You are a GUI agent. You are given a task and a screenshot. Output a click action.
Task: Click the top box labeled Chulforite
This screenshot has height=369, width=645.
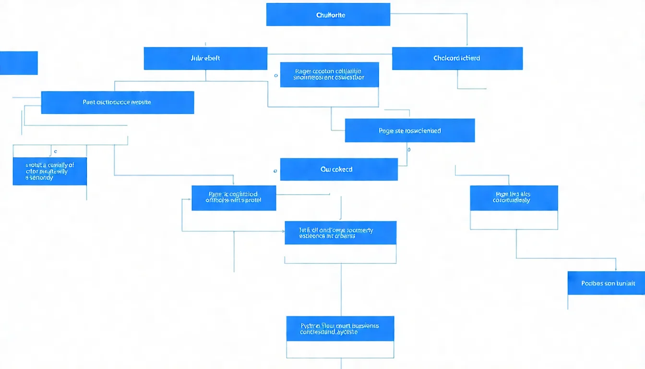(x=328, y=14)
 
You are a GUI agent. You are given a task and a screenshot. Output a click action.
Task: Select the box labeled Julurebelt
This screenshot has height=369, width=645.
(x=205, y=58)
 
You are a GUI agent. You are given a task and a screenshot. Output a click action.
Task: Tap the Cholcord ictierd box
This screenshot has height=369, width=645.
(x=457, y=58)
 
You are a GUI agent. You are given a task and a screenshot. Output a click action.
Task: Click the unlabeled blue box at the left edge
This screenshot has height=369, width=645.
(x=18, y=63)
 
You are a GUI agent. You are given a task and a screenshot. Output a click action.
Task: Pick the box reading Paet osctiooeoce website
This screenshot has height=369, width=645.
(x=118, y=102)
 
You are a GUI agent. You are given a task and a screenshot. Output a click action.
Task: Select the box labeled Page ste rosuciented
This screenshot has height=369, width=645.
(x=410, y=130)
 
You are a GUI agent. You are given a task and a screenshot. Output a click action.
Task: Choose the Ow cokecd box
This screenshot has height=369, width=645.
(x=339, y=169)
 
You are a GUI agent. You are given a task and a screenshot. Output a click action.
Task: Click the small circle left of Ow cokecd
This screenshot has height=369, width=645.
(x=275, y=171)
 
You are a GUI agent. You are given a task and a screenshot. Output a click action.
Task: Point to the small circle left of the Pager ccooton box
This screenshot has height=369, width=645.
(x=275, y=75)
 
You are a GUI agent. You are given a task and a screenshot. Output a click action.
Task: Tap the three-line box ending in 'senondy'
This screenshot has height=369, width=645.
(x=49, y=171)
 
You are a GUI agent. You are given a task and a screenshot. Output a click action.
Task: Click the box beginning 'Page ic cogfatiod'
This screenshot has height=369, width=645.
(x=234, y=197)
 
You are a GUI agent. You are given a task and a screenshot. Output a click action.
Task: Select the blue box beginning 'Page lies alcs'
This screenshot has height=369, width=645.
(x=514, y=197)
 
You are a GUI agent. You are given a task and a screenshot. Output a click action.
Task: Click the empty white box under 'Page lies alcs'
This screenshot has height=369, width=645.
(x=514, y=220)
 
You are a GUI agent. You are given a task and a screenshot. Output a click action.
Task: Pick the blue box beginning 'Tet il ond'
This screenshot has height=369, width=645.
(x=340, y=233)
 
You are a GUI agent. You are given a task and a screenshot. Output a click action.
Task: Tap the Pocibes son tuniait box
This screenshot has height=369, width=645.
(x=606, y=283)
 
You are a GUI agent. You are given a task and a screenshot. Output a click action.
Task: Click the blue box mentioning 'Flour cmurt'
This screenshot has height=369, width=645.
(x=340, y=329)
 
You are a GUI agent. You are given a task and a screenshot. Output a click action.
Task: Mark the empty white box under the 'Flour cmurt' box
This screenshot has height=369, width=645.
(x=340, y=349)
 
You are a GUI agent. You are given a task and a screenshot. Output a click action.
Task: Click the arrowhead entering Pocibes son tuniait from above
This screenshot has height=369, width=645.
(x=616, y=269)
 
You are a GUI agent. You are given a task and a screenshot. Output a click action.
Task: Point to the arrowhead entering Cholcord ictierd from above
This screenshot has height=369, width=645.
(x=467, y=45)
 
